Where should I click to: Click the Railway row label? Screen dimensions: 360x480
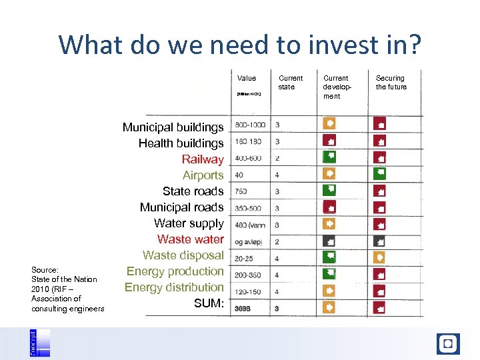[203, 159]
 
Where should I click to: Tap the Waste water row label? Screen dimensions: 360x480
[190, 239]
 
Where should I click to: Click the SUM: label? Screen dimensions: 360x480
[208, 303]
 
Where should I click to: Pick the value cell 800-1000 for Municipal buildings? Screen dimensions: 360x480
[249, 125]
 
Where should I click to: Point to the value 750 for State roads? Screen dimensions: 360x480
[241, 191]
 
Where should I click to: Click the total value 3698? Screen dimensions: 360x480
[243, 308]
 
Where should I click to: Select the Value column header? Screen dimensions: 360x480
[247, 78]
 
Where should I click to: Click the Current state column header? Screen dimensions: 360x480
[290, 82]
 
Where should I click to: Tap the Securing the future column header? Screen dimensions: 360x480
[391, 82]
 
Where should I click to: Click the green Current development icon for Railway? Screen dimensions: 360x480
[329, 157]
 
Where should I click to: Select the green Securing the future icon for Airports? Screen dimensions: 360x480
[379, 173]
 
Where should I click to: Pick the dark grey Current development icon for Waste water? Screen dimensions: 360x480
[329, 240]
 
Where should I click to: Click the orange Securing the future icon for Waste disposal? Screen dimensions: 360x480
[379, 257]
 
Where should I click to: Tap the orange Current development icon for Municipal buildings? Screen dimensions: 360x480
[329, 123]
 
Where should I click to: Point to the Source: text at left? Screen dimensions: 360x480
[45, 270]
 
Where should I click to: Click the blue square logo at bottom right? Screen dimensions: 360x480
[448, 343]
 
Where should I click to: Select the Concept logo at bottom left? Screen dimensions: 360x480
[39, 343]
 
